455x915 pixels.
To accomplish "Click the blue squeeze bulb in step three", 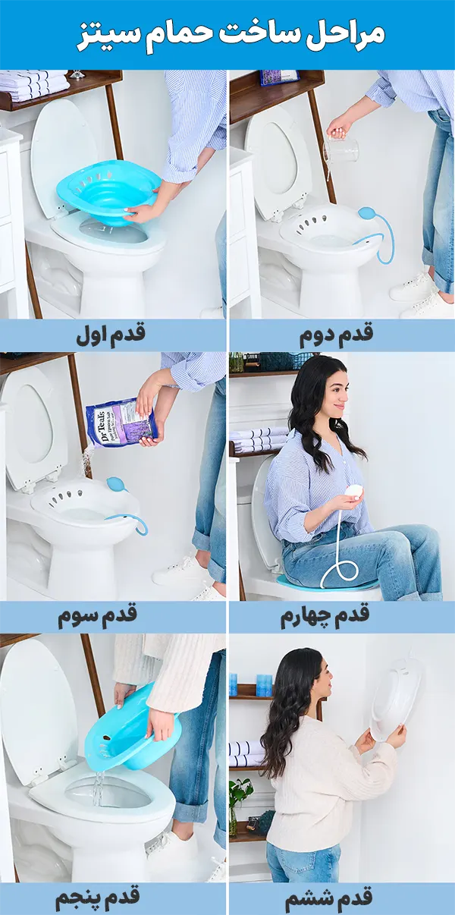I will tap(116, 483).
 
